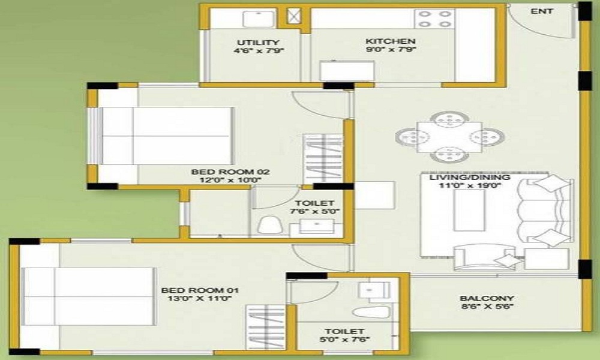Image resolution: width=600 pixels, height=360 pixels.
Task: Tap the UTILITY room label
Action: [258, 42]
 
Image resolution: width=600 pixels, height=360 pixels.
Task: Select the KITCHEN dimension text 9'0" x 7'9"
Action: [391, 50]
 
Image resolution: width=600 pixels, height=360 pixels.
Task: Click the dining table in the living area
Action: [444, 136]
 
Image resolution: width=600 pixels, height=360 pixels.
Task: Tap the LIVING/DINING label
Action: [466, 178]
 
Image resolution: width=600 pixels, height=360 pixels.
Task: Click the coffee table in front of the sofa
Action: [469, 210]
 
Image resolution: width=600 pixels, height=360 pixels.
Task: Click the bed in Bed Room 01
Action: [87, 296]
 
